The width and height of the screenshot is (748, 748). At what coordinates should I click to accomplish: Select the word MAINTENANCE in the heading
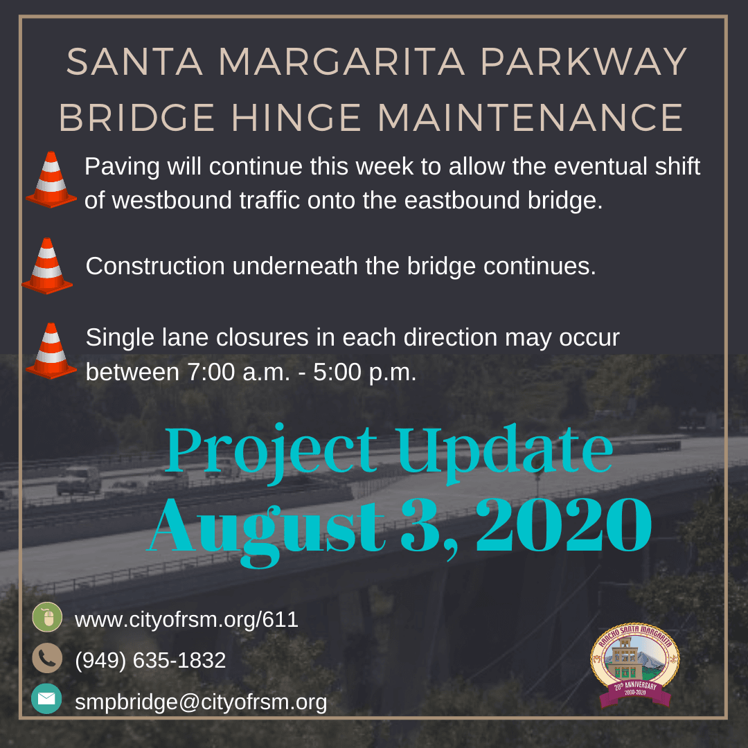tap(531, 118)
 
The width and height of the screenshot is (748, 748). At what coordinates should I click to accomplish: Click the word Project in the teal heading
tap(270, 450)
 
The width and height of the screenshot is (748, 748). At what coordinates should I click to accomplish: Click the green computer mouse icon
tap(47, 617)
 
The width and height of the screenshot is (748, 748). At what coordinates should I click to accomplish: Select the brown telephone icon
tap(47, 659)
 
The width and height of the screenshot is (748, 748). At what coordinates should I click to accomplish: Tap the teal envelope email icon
tap(46, 699)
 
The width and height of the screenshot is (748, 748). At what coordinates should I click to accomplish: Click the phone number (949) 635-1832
tap(150, 660)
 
